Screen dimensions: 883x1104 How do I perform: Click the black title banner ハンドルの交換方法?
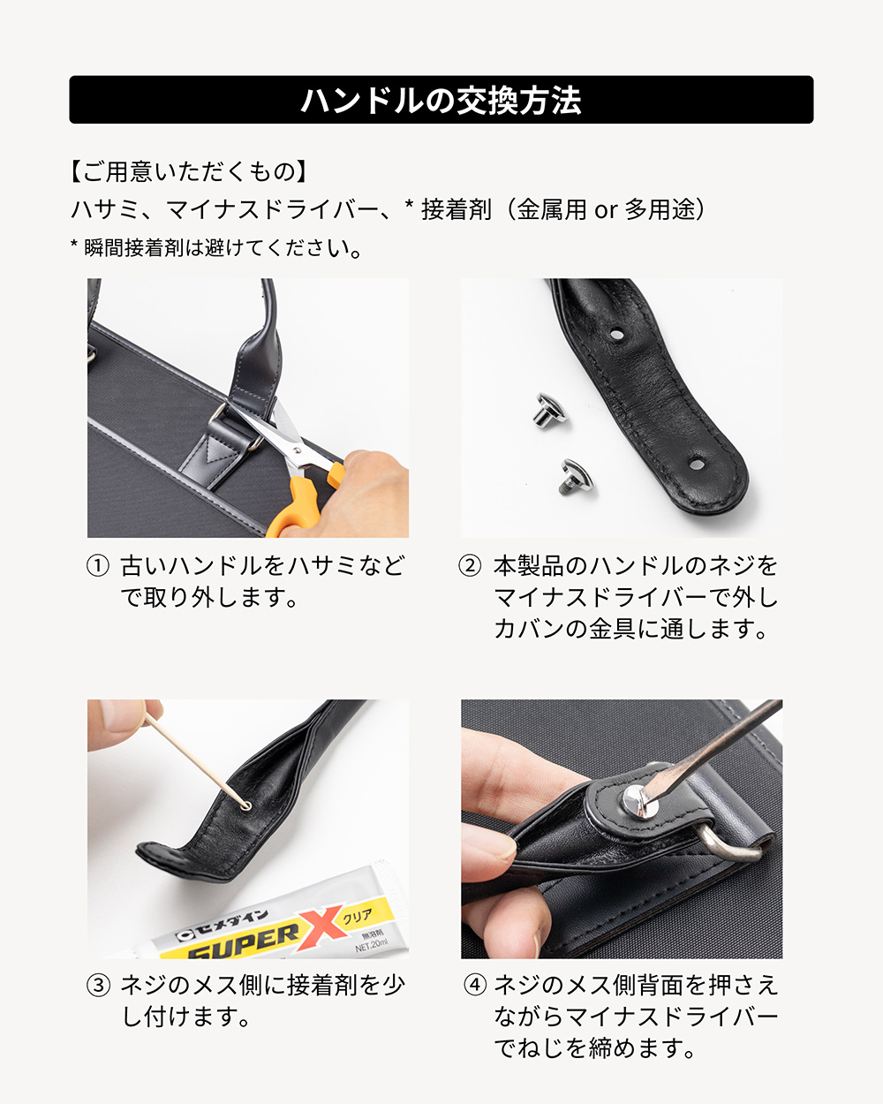(441, 100)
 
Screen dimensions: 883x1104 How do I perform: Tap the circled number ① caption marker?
(97, 566)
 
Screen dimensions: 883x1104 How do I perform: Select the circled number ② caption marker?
(470, 566)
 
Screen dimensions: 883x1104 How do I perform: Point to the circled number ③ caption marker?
(98, 986)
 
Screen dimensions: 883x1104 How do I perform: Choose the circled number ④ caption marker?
(474, 986)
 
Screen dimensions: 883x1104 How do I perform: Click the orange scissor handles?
(304, 499)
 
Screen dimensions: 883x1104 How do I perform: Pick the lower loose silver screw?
(575, 477)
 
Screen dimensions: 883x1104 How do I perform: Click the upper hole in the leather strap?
(615, 334)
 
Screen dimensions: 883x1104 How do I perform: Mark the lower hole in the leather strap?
(696, 465)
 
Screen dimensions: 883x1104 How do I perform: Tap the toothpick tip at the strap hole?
(245, 805)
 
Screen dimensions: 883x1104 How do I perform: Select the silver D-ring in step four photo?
(728, 843)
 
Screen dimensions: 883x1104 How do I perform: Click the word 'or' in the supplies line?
(605, 210)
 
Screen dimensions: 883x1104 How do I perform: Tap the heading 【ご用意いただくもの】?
(187, 171)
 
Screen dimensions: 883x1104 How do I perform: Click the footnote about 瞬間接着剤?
(215, 248)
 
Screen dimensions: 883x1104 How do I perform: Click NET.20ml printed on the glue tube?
(372, 945)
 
